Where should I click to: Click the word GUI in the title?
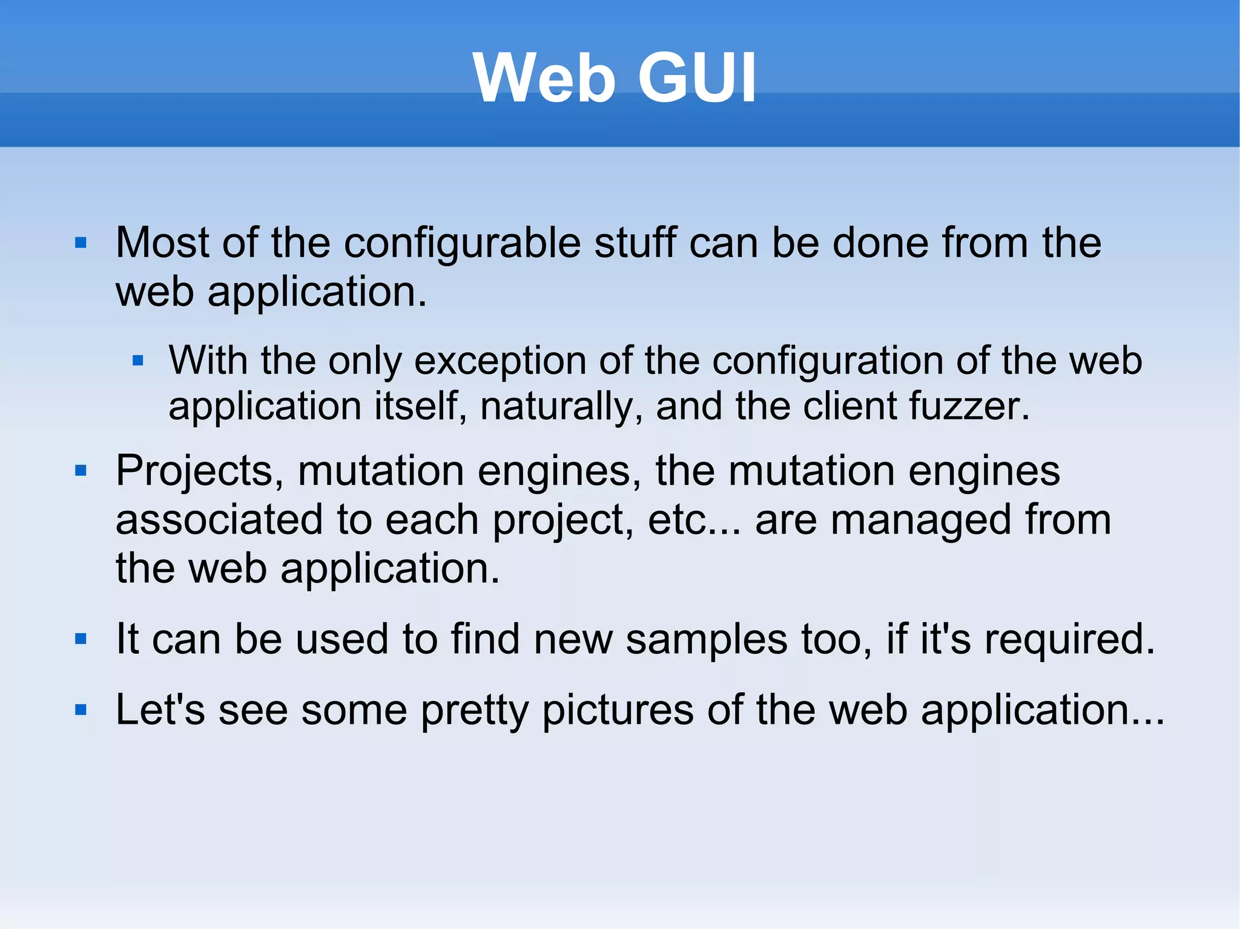697,78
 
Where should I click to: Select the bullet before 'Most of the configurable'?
81,243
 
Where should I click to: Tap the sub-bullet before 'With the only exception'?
138,361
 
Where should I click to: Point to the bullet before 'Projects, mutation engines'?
81,470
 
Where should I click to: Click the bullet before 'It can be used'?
81,638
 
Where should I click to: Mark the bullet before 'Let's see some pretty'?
81,709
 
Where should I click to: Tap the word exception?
500,361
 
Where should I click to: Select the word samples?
707,638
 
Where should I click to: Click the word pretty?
475,711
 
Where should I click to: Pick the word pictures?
618,711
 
